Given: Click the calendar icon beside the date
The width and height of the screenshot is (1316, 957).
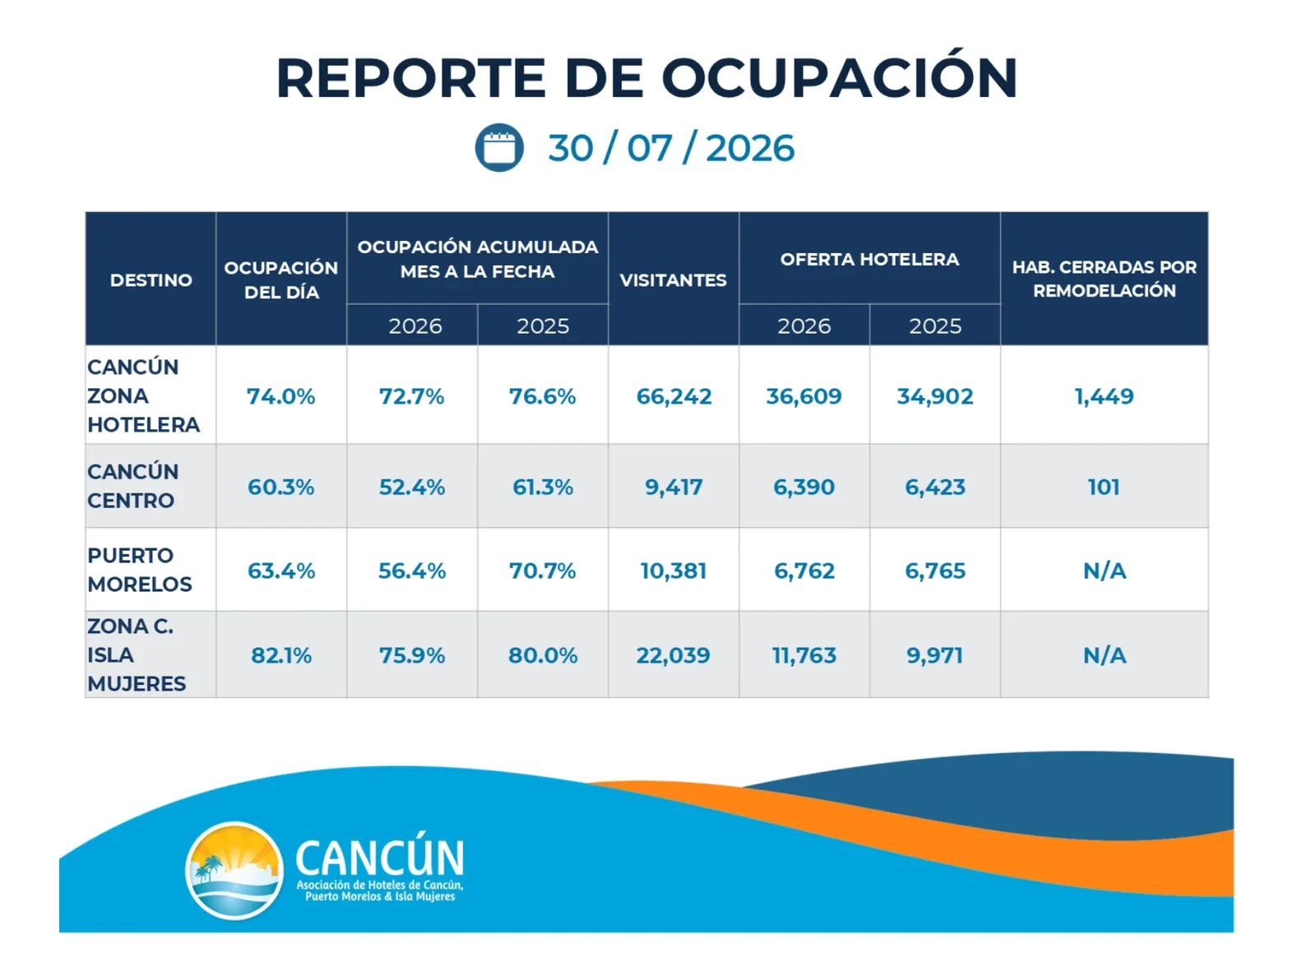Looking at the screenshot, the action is tap(499, 147).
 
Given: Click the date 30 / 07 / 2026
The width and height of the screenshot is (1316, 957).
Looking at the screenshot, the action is tap(671, 148).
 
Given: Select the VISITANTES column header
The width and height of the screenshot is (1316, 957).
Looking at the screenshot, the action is tap(674, 280).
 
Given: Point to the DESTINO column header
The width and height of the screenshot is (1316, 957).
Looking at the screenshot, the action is tap(151, 280).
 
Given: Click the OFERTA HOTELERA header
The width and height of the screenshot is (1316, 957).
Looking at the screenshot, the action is tap(869, 259).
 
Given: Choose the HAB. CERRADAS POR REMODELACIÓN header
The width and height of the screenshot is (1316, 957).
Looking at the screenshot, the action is tap(1105, 279).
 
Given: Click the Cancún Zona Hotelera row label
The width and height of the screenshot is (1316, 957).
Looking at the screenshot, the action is tap(144, 395).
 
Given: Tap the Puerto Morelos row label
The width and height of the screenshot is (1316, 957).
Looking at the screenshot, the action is tap(140, 570).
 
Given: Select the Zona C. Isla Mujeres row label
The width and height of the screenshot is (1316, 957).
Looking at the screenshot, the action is tap(137, 655).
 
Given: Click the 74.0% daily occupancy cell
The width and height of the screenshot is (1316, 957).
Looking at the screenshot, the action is tap(280, 396).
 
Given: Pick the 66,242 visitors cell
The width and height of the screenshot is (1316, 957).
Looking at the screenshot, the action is tap(674, 396).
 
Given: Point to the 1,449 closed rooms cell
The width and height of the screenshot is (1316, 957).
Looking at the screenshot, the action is tap(1105, 396).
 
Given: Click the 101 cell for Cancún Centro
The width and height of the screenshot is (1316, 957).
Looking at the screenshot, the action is tap(1104, 488).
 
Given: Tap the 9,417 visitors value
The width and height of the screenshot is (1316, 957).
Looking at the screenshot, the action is tap(674, 488).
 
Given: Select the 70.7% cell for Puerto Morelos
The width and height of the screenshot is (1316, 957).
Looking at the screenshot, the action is tap(542, 571).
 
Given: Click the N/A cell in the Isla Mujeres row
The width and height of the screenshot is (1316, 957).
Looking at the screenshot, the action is tap(1105, 655).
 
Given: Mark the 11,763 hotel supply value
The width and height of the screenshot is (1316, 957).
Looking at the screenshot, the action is tap(804, 655).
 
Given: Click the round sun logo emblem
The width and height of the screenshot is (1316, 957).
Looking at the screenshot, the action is tap(234, 871).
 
